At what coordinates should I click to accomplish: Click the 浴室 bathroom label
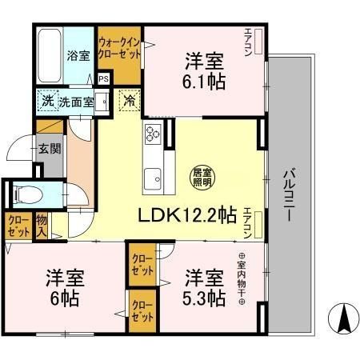pyautogui.click(x=78, y=57)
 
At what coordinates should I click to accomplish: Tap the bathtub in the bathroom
pyautogui.click(x=47, y=55)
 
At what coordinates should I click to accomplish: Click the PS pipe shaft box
pyautogui.click(x=104, y=78)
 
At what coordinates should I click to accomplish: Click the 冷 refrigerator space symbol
pyautogui.click(x=128, y=102)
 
